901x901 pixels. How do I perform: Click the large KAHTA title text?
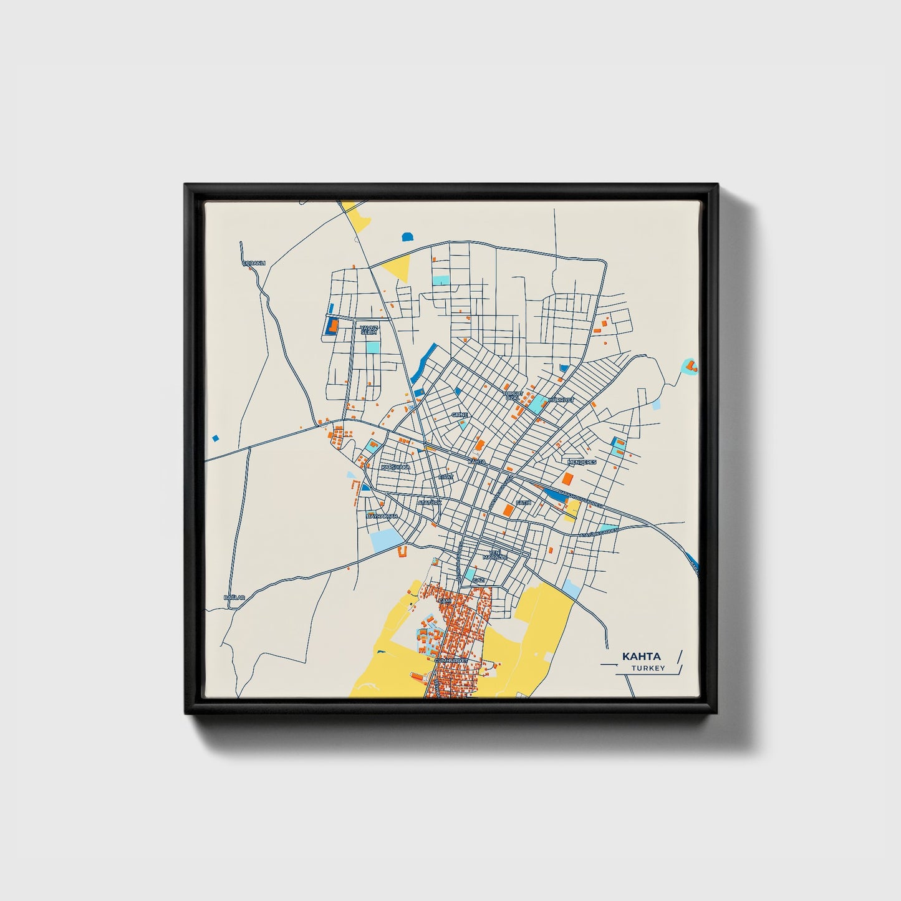click(641, 657)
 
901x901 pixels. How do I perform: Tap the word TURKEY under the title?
click(647, 668)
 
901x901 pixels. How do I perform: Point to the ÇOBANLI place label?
click(254, 263)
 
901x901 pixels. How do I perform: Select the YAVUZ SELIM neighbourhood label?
click(369, 330)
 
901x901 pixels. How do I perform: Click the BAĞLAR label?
click(234, 597)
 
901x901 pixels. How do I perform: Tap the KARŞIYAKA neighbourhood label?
click(396, 466)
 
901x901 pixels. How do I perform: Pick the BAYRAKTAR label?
click(382, 516)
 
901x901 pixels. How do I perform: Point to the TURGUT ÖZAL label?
click(513, 396)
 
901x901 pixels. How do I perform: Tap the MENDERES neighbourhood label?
click(582, 462)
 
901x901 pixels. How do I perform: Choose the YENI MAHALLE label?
click(494, 554)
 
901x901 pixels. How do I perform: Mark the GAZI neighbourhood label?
click(478, 580)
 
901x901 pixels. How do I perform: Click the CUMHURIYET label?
click(450, 660)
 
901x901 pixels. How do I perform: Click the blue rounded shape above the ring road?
click(407, 237)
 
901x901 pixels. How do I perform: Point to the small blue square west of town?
click(216, 438)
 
